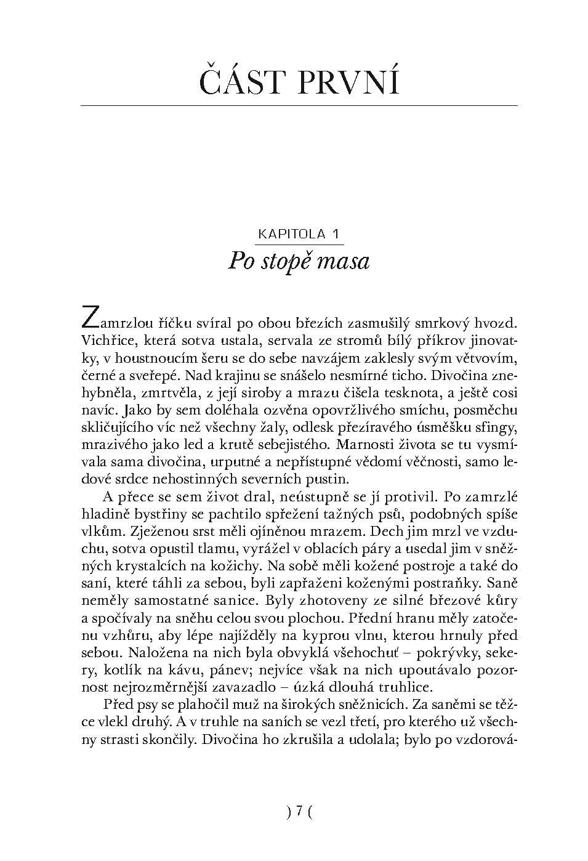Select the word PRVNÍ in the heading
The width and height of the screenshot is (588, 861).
coord(348,82)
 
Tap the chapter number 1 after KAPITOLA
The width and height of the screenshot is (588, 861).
coord(336,234)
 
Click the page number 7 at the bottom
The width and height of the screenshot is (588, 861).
coord(299,811)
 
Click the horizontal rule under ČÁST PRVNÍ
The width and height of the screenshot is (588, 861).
coord(299,106)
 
